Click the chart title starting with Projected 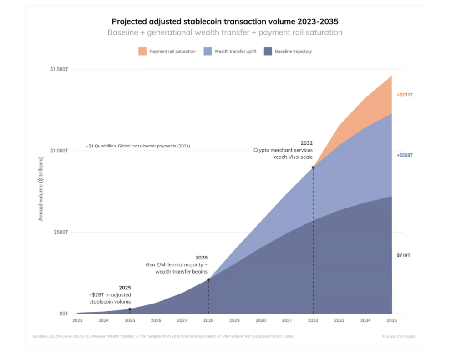(x=225, y=21)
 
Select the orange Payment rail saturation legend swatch (x=142, y=51)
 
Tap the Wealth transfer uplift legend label (x=235, y=51)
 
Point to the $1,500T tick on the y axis (x=59, y=69)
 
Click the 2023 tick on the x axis (x=77, y=320)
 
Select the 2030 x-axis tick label (x=261, y=320)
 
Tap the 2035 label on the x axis (x=392, y=320)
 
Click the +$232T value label (x=405, y=95)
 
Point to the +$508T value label (x=405, y=155)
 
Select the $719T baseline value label (x=404, y=255)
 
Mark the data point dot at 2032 (x=313, y=167)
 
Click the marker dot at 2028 (x=208, y=279)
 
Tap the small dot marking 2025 (x=130, y=309)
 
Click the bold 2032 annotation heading (x=307, y=143)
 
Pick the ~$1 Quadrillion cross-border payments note (x=138, y=146)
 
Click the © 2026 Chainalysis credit (x=399, y=336)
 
